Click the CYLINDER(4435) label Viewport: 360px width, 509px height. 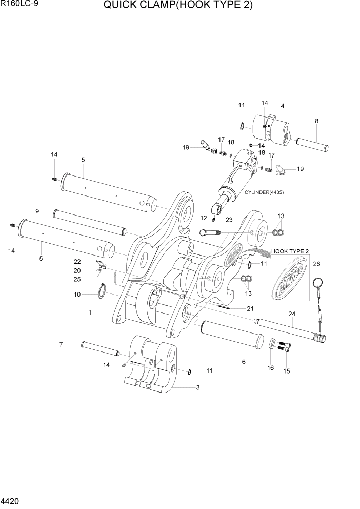pyautogui.click(x=264, y=192)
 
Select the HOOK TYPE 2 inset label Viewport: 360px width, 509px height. pyautogui.click(x=290, y=251)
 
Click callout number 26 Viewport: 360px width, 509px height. pyautogui.click(x=316, y=264)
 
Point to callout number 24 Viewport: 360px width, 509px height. pyautogui.click(x=292, y=314)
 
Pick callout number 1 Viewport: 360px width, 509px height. pyautogui.click(x=90, y=312)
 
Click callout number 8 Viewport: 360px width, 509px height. pyautogui.click(x=316, y=121)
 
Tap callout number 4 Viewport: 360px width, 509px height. pyautogui.click(x=283, y=106)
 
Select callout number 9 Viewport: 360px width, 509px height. pyautogui.click(x=37, y=211)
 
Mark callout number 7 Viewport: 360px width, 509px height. pyautogui.click(x=61, y=344)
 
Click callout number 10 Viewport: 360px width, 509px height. pyautogui.click(x=77, y=295)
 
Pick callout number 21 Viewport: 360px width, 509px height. pyautogui.click(x=250, y=308)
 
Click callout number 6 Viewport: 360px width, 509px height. pyautogui.click(x=244, y=362)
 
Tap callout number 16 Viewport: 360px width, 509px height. pyautogui.click(x=270, y=368)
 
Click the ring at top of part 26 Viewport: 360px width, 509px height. pyautogui.click(x=317, y=282)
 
